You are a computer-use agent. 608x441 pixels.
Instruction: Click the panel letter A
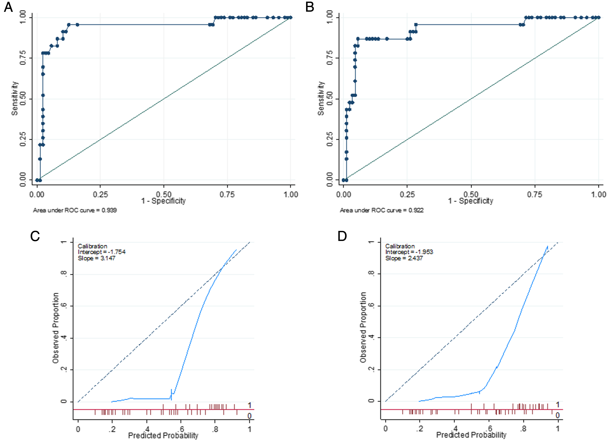8,7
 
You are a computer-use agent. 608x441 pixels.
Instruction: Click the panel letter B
310,7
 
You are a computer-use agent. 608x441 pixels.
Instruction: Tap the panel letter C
35,236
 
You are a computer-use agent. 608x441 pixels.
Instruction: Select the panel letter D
342,236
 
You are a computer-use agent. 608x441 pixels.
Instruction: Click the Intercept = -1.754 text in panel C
102,252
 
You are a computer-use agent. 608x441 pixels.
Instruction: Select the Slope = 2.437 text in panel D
404,258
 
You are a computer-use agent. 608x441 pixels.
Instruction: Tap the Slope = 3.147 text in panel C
96,258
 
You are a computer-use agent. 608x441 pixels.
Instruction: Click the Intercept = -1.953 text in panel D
409,252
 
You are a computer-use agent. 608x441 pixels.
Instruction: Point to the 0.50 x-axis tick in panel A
164,194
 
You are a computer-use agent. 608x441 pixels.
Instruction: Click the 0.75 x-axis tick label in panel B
535,194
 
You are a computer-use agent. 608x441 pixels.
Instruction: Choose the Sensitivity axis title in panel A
15,98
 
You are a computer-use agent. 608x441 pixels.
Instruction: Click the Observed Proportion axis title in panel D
363,327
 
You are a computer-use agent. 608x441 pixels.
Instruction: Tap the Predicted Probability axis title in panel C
163,435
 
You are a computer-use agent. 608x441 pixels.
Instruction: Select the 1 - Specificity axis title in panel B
471,201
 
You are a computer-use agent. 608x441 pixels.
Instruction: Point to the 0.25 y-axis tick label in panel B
330,139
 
